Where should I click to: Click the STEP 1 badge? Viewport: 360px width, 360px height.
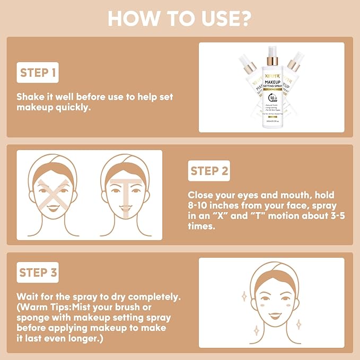point(38,73)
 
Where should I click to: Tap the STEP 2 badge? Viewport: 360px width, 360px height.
point(209,171)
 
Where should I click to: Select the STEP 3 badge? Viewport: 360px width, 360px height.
point(38,273)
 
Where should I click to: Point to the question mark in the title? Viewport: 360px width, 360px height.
point(245,19)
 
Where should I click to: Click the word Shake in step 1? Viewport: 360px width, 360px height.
point(31,97)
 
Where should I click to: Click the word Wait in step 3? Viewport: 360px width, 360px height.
point(27,296)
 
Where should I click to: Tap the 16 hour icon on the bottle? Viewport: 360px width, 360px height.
point(272,99)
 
